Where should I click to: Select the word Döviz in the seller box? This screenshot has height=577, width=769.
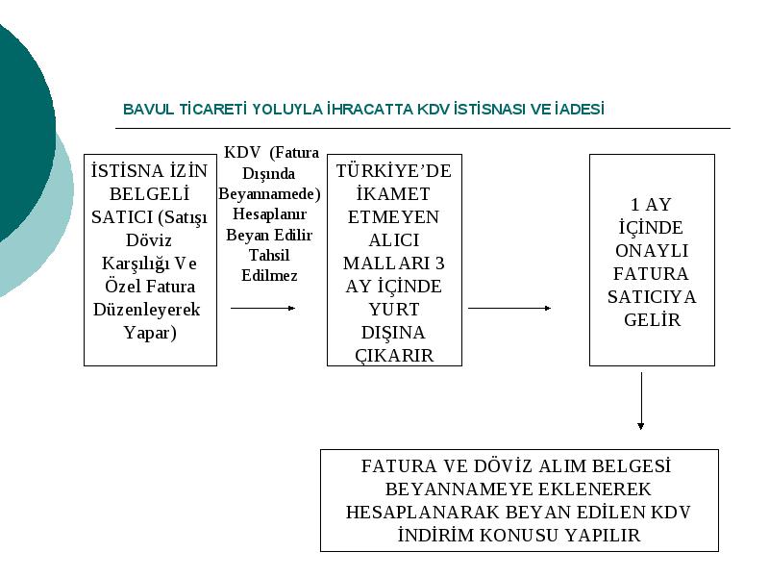point(149,240)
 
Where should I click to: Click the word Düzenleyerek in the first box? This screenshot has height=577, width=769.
point(147,310)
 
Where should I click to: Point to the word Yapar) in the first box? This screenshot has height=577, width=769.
point(150,333)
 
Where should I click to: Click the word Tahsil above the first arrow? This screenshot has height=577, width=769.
point(269,255)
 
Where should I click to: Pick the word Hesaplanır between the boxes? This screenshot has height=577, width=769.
point(269,214)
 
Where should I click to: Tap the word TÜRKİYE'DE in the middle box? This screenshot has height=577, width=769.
point(394,171)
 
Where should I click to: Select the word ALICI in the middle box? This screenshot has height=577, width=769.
point(394,240)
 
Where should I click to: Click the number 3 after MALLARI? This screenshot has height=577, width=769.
point(440,263)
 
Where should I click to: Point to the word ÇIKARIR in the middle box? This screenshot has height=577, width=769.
point(394,356)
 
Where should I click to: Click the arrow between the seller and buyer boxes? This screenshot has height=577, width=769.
point(262,308)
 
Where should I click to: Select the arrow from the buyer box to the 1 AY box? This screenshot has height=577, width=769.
point(509,308)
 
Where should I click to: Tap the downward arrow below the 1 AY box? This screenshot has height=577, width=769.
point(641,401)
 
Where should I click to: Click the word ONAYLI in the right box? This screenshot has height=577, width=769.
point(652,251)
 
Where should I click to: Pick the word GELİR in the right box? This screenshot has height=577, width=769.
point(653,320)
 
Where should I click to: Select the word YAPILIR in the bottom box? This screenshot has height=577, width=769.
point(603,536)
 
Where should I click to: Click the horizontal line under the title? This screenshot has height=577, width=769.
point(423,129)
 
